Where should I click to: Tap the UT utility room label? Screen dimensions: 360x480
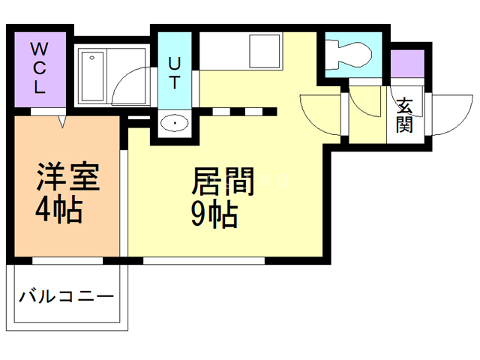[x=174, y=71]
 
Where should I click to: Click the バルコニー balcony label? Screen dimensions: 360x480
[x=67, y=295]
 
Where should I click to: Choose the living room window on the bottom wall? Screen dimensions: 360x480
[x=203, y=260]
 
